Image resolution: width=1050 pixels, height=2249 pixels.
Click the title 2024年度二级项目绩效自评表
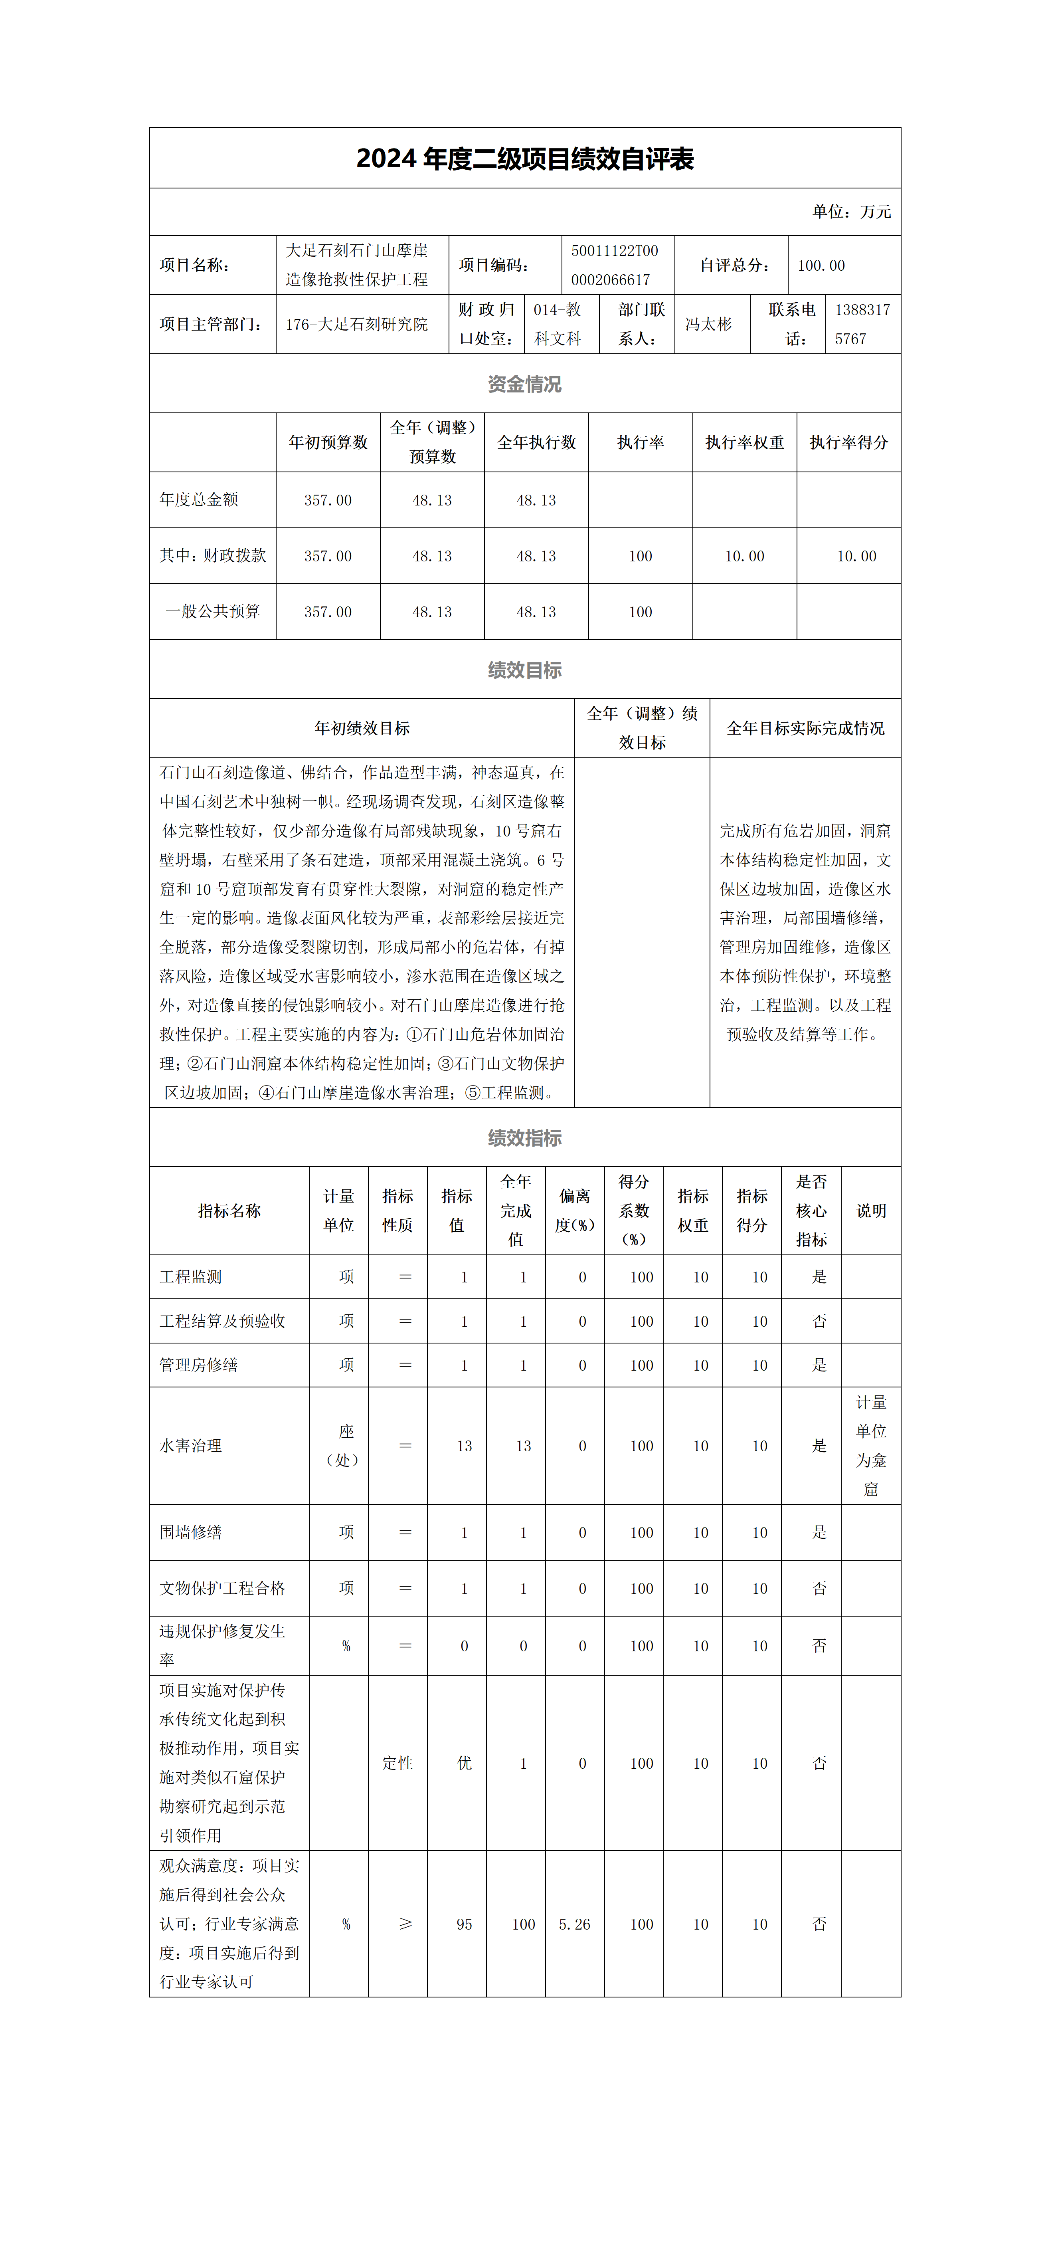tap(524, 159)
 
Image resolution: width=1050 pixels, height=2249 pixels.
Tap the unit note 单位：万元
tap(851, 211)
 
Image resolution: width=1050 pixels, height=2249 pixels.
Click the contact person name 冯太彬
tap(708, 324)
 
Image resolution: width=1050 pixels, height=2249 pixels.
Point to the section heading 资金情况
tap(524, 384)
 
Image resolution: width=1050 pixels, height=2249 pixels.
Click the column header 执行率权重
tap(745, 443)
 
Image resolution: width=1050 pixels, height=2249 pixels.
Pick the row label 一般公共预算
tap(213, 611)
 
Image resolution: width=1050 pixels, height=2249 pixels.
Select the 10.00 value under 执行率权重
tap(745, 556)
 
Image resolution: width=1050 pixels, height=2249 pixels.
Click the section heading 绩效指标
tap(524, 1137)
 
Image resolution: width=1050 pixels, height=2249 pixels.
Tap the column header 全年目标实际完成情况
tap(805, 728)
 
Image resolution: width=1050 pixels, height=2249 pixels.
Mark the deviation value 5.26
tap(574, 1924)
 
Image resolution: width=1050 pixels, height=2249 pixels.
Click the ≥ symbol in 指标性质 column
tap(405, 1924)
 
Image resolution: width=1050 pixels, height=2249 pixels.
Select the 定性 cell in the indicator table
tap(398, 1764)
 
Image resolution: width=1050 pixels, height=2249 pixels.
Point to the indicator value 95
tap(465, 1924)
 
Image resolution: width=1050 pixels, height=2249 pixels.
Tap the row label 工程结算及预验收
tap(223, 1321)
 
